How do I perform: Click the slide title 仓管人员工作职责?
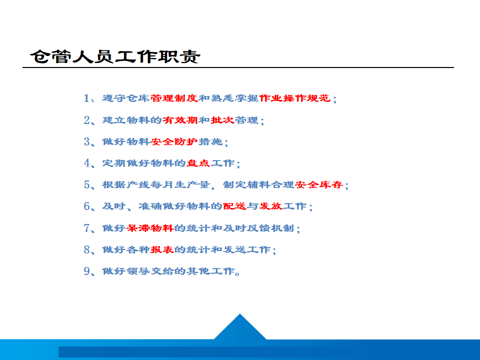coord(115,56)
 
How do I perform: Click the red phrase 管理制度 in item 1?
coord(174,98)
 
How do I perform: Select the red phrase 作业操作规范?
coord(295,98)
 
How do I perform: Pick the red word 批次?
coord(222,120)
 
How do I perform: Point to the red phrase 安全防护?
coord(174,141)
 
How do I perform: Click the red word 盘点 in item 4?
coord(198,163)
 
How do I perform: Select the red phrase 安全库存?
coord(319,184)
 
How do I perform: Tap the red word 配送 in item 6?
coord(234,206)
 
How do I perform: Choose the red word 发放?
coord(270,206)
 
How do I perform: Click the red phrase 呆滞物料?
coord(150,228)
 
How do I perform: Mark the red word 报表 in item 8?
coord(162,249)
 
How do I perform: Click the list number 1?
coord(86,98)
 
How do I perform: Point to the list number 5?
coord(86,184)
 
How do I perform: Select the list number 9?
coord(86,271)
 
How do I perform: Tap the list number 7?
coord(86,228)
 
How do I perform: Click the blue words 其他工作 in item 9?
coord(210,271)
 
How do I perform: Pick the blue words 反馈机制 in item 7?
coord(270,228)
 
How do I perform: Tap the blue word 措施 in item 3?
coord(210,141)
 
